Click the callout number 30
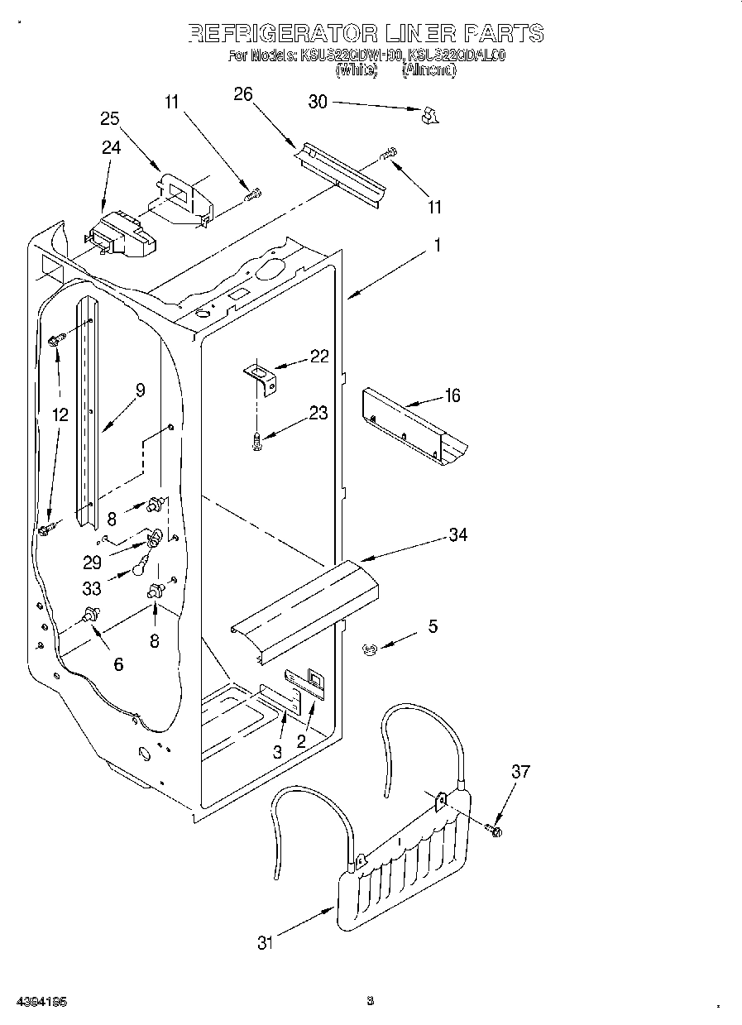click(x=318, y=102)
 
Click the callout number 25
click(x=110, y=118)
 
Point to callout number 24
click(x=111, y=147)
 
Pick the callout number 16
click(x=452, y=395)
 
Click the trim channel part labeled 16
click(x=414, y=427)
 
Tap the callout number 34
click(x=457, y=535)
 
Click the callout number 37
click(x=520, y=772)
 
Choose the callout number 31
click(x=264, y=942)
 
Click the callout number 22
click(x=319, y=356)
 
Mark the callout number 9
click(x=140, y=390)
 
